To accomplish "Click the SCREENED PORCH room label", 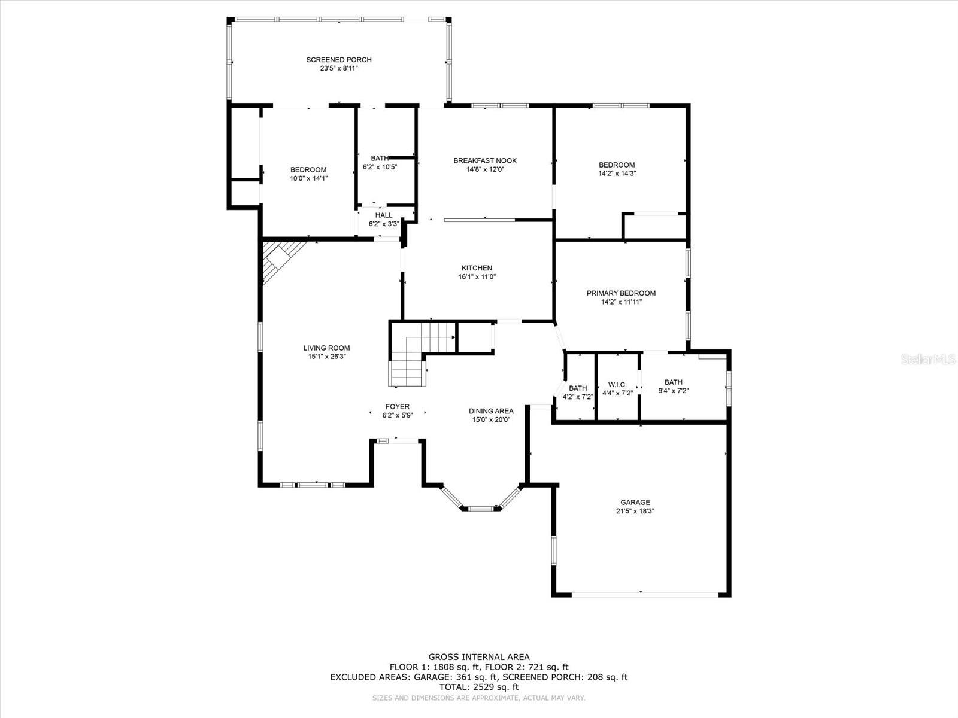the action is click(x=339, y=60).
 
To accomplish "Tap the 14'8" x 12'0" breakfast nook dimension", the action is click(x=485, y=169).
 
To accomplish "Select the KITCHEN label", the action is click(x=477, y=268).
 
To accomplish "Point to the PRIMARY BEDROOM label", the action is click(x=621, y=293).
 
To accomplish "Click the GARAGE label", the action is click(x=635, y=502).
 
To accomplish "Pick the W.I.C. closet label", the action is click(x=617, y=385).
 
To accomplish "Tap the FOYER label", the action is click(x=397, y=407).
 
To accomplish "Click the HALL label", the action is click(x=384, y=215).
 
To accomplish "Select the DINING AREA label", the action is click(x=491, y=411).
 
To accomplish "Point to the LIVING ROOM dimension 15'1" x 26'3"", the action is click(x=326, y=357).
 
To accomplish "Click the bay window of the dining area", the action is click(x=480, y=498).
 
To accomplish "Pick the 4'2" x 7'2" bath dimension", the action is click(x=577, y=397).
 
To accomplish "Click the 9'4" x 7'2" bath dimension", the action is click(x=674, y=391).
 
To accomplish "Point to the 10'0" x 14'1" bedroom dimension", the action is click(x=308, y=178).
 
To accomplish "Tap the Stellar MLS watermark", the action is click(x=928, y=359).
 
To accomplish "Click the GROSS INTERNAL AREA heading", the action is click(x=479, y=657).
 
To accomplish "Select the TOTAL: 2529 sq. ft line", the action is click(x=479, y=687).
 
